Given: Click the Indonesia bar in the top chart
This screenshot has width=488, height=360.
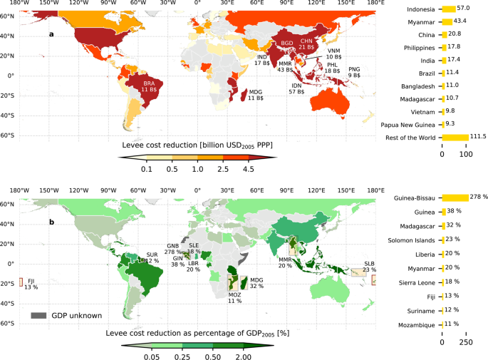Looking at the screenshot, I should point(449,9).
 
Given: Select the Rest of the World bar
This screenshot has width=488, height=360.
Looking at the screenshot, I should point(455,137).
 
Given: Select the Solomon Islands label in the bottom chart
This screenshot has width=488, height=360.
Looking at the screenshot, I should point(409,239).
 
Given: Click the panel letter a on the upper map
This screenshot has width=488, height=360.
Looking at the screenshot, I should point(51,34).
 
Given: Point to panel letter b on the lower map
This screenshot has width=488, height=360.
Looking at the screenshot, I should point(51,222).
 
